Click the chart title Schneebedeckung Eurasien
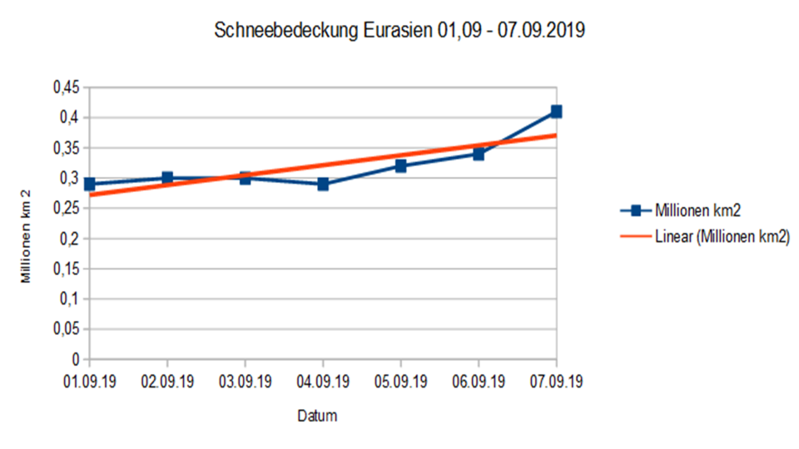(x=399, y=32)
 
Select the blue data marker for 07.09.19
(x=556, y=111)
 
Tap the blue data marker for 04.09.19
(x=323, y=184)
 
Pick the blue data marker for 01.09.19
(x=90, y=184)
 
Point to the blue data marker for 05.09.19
(x=400, y=165)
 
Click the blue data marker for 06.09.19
(x=479, y=154)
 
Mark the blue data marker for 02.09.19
(x=167, y=178)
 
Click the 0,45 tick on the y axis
(x=66, y=87)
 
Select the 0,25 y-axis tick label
(x=66, y=209)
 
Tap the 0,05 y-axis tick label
(x=66, y=329)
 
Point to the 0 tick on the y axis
(x=76, y=359)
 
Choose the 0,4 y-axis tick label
(x=70, y=117)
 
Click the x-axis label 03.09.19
(x=245, y=382)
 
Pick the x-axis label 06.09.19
(x=479, y=382)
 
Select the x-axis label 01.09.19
(x=90, y=382)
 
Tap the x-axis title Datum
(x=318, y=416)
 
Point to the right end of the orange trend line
(x=555, y=135)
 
